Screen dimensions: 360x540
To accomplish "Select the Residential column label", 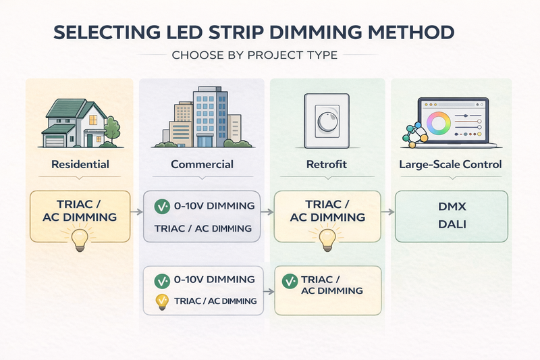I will click(80, 164).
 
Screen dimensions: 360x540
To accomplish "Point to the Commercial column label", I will click(202, 164).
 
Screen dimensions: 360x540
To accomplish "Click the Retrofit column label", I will click(327, 164).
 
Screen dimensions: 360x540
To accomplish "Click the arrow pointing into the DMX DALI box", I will click(387, 211).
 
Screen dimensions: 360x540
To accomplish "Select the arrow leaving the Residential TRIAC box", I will click(136, 212).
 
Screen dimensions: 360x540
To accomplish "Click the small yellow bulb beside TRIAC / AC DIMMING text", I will click(161, 301).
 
